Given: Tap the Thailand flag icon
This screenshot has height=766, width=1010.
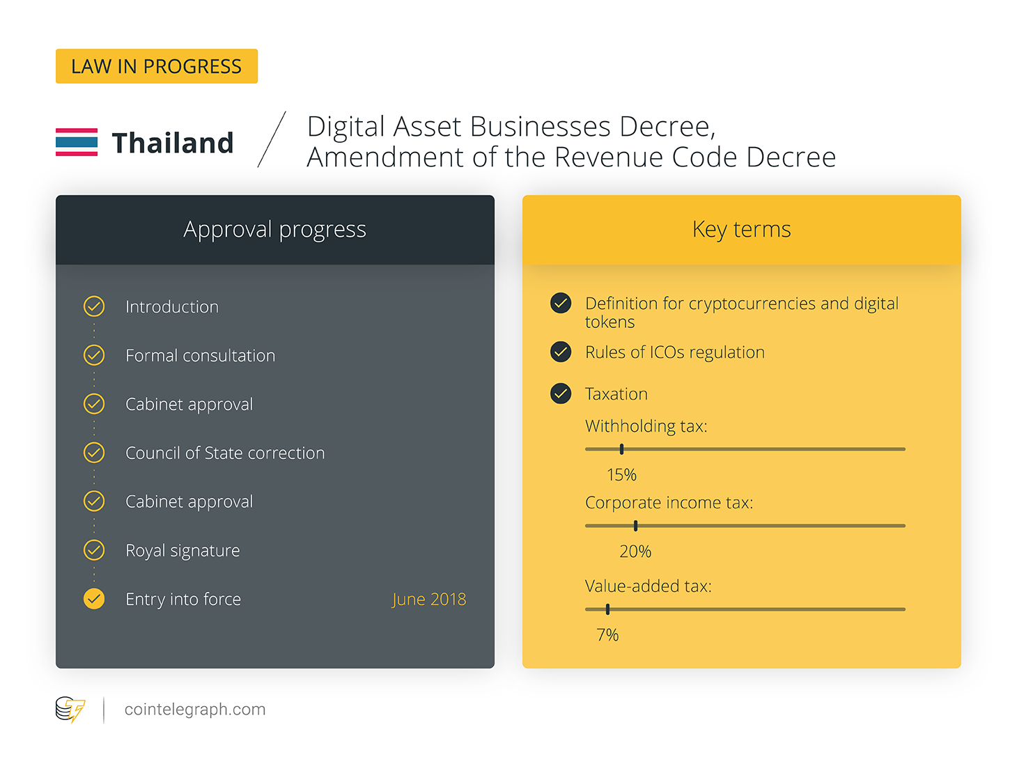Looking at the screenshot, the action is point(76,141).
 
